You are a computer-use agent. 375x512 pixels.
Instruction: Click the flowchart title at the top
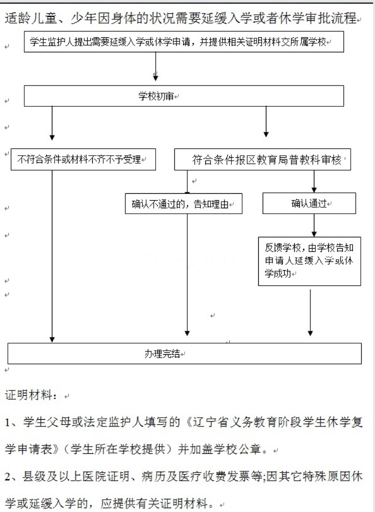[x=181, y=19]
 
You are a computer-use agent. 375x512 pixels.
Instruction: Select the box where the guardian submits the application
[x=184, y=42]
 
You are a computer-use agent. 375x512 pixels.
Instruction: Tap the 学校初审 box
[x=184, y=96]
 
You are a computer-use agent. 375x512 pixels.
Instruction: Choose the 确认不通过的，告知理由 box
[x=183, y=203]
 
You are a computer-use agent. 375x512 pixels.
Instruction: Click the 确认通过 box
[x=309, y=203]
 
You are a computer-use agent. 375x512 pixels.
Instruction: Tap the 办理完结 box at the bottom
[x=184, y=353]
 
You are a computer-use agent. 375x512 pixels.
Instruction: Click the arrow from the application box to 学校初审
[x=156, y=65]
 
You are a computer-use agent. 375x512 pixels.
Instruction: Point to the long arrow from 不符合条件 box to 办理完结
[x=52, y=255]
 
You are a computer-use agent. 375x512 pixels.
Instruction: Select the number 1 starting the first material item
[x=8, y=422]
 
